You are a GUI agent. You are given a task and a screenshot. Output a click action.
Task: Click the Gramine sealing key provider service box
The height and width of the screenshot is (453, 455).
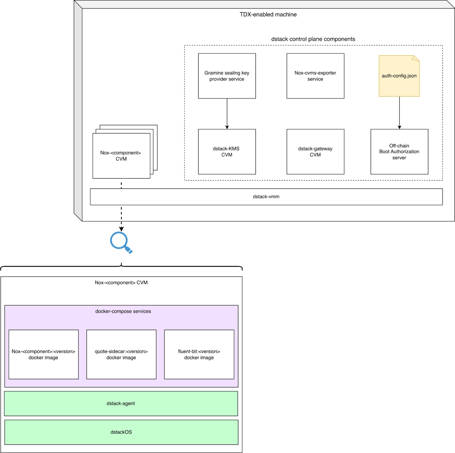(x=227, y=76)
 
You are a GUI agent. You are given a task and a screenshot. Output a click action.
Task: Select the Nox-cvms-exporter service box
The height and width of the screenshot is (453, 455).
(x=315, y=76)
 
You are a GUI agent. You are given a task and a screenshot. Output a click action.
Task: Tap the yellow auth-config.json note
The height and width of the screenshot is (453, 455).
(x=399, y=76)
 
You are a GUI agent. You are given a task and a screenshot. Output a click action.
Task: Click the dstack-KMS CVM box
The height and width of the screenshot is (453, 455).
(x=227, y=152)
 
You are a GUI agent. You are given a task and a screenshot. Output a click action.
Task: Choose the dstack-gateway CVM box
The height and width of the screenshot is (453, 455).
(x=315, y=152)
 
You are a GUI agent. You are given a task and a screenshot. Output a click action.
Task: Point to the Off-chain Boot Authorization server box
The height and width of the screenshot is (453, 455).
(x=399, y=152)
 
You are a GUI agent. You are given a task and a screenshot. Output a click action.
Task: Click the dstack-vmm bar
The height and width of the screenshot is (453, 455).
(x=266, y=197)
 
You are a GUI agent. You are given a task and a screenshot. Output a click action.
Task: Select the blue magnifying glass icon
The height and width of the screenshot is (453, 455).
(x=121, y=243)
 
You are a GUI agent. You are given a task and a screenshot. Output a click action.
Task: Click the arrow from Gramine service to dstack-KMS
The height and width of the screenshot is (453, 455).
(x=227, y=114)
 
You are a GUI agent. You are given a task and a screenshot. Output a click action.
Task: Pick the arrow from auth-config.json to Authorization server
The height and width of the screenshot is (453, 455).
(x=400, y=113)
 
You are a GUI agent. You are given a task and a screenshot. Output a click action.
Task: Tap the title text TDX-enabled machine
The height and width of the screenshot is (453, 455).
(x=268, y=14)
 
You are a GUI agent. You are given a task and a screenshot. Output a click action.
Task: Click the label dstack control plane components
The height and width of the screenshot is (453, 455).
(x=313, y=39)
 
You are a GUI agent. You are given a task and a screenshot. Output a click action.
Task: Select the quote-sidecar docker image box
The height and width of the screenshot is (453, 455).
(x=121, y=354)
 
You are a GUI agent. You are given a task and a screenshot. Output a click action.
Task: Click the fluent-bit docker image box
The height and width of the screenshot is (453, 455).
(x=199, y=354)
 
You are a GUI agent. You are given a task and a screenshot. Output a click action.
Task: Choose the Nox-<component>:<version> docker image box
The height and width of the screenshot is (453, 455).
(x=44, y=354)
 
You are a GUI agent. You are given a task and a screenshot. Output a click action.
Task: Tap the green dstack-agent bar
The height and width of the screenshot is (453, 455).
(x=121, y=403)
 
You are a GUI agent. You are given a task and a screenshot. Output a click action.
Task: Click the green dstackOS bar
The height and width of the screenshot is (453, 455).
(x=121, y=432)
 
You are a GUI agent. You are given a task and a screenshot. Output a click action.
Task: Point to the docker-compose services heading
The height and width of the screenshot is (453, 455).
(x=123, y=311)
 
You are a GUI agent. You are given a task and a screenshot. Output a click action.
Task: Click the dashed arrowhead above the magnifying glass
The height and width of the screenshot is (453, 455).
(x=121, y=229)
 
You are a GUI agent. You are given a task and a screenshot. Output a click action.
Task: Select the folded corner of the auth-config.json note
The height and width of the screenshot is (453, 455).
(x=416, y=58)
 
